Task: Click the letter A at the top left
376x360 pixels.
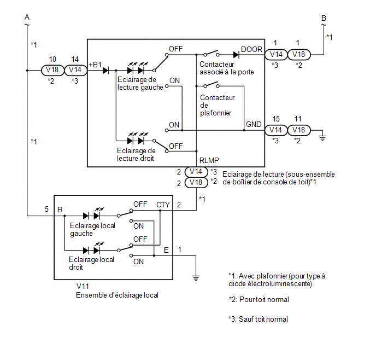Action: pyautogui.click(x=27, y=18)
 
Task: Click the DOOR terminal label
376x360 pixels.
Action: pyautogui.click(x=251, y=49)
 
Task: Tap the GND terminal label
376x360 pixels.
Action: pyautogui.click(x=254, y=124)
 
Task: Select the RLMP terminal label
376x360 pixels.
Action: pyautogui.click(x=209, y=160)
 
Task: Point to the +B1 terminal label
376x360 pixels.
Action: pyautogui.click(x=95, y=65)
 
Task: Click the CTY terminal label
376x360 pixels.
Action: pyautogui.click(x=163, y=205)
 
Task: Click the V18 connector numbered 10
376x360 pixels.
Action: pyautogui.click(x=52, y=70)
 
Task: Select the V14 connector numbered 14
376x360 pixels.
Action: pyautogui.click(x=75, y=70)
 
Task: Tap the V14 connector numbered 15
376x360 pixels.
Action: pyautogui.click(x=276, y=130)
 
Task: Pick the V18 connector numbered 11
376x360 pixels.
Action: pyautogui.click(x=299, y=130)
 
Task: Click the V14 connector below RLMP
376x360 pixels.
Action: pyautogui.click(x=196, y=172)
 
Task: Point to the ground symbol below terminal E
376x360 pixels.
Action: pyautogui.click(x=196, y=278)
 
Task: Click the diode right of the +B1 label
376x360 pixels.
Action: pyautogui.click(x=106, y=71)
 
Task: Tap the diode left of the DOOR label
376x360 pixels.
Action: pyautogui.click(x=236, y=55)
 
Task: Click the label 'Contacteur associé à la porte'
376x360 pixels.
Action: pyautogui.click(x=227, y=68)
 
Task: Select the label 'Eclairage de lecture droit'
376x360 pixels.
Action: pyautogui.click(x=136, y=155)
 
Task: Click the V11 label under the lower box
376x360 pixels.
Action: pyautogui.click(x=83, y=286)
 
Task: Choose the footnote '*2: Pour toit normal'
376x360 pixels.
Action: pyautogui.click(x=258, y=299)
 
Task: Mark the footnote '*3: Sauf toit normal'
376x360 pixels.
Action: pyautogui.click(x=258, y=319)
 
